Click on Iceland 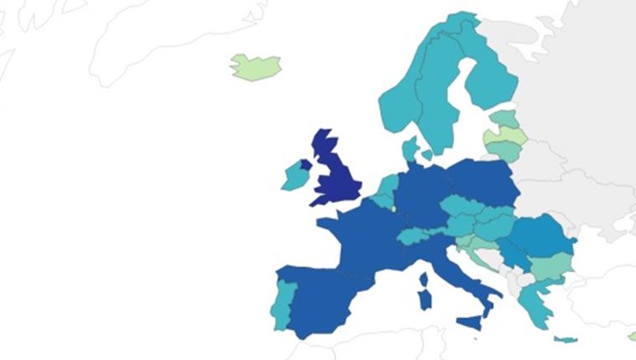(255, 66)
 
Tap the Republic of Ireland (293, 176)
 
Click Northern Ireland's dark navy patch (305, 165)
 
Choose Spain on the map (322, 297)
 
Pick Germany (423, 197)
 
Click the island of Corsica (423, 277)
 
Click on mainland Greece (531, 297)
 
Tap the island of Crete (566, 339)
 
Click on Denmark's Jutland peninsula (410, 151)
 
